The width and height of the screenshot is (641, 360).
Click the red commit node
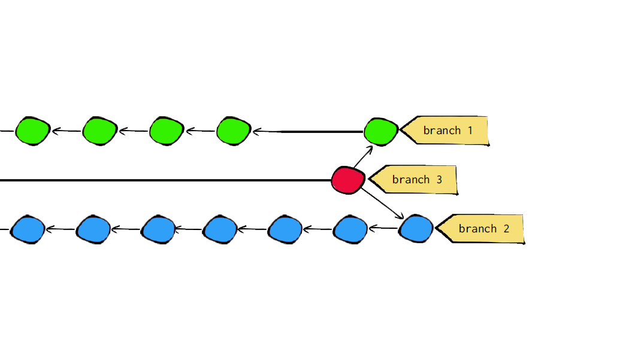348,180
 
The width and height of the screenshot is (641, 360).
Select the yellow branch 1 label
445,131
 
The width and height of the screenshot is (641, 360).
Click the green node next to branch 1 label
381,131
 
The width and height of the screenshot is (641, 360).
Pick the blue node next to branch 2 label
416,228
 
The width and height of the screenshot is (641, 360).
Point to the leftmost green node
33,131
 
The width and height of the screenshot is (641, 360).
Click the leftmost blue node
28,229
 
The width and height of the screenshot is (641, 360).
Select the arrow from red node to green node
363,156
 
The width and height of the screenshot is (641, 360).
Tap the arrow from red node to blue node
383,204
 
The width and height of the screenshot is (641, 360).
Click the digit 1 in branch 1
470,131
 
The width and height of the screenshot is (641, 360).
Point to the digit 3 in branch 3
440,180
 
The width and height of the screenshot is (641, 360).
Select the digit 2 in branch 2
506,228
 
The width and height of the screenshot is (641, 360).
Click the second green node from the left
100,131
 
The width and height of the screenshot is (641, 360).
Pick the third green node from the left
167,131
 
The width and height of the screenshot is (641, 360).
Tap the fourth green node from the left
234,131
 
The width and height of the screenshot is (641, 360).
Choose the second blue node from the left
93,229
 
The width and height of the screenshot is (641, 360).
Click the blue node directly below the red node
350,229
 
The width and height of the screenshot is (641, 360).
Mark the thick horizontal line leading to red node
165,180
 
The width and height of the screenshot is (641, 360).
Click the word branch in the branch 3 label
411,179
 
